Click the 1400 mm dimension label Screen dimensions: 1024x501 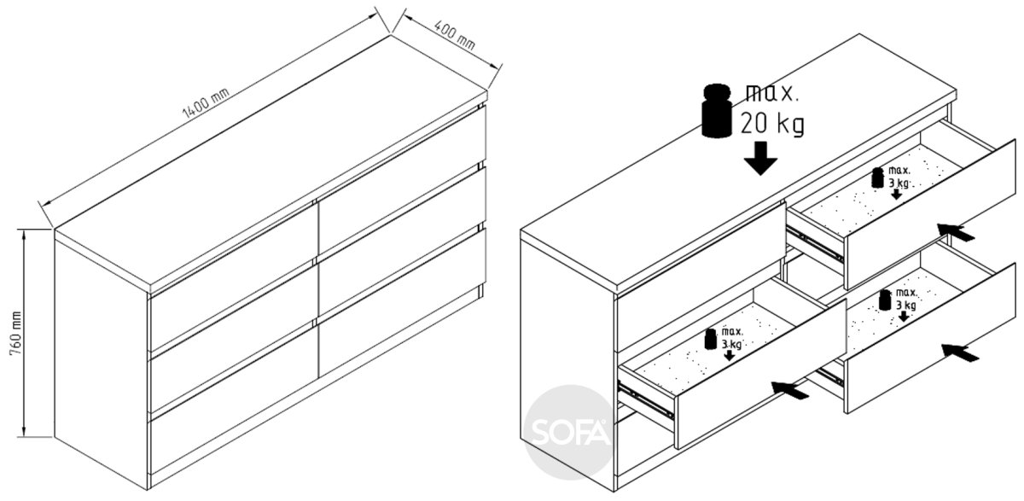point(206,103)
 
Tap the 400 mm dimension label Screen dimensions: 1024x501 point(454,35)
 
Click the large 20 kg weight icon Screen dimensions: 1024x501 point(717,111)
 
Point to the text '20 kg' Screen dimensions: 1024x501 point(772,124)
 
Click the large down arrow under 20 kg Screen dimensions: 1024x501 point(760,158)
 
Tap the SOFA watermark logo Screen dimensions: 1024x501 point(570,432)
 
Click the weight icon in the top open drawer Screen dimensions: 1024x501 point(877,178)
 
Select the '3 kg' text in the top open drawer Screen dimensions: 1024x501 point(899,184)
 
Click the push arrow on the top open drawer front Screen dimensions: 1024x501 point(956,232)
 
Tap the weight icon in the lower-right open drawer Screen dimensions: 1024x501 point(885,300)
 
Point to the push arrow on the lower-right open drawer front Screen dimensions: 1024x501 point(960,352)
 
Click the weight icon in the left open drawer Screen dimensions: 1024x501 point(710,339)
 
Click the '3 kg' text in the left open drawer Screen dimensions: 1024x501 point(731,344)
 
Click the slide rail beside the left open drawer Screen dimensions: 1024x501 point(645,400)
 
